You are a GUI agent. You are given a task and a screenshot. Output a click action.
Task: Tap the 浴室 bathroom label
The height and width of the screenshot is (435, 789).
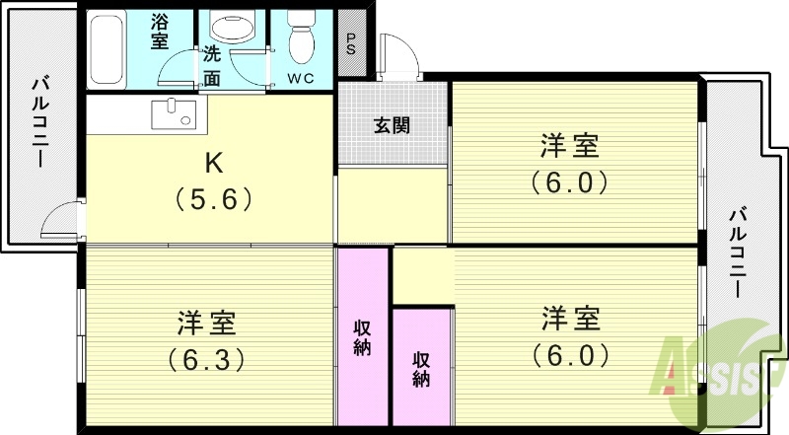(x=160, y=32)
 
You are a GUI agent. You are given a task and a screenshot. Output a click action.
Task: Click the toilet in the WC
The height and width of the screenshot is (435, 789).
(x=302, y=40)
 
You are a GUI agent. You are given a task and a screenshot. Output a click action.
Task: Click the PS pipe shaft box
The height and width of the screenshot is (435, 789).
(x=351, y=44)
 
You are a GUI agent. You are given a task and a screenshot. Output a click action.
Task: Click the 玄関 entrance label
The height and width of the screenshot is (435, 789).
(x=393, y=126)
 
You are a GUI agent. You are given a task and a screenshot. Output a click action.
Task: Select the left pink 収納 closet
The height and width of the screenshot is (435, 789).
(x=363, y=335)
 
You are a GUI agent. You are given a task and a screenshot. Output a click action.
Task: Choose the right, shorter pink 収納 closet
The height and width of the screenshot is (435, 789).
(x=421, y=367)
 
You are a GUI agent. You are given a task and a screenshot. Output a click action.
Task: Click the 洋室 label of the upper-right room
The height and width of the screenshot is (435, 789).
(x=570, y=147)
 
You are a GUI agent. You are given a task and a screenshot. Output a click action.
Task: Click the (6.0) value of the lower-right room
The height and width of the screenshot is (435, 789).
(x=570, y=354)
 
